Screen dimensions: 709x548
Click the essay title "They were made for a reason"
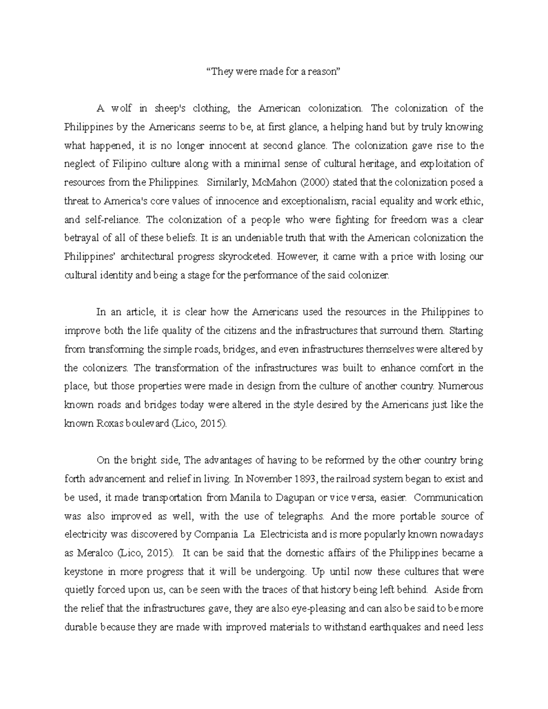(274, 72)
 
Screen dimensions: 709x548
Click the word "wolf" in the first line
(121, 109)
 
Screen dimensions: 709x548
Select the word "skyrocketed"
(245, 257)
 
